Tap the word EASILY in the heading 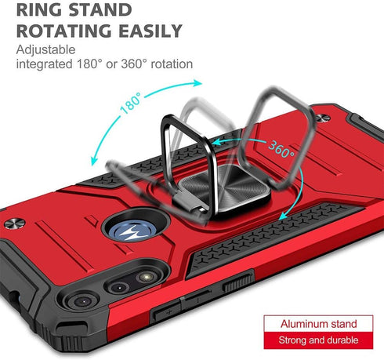click(x=150, y=31)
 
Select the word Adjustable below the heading click(x=45, y=49)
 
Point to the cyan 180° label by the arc click(x=131, y=104)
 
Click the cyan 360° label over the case click(x=281, y=149)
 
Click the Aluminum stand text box click(x=318, y=324)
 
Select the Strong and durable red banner click(x=318, y=340)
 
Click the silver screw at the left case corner click(x=15, y=224)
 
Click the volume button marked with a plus click(x=166, y=312)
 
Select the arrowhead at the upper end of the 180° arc click(x=197, y=82)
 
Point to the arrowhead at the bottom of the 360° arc click(x=283, y=216)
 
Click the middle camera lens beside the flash click(x=119, y=287)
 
